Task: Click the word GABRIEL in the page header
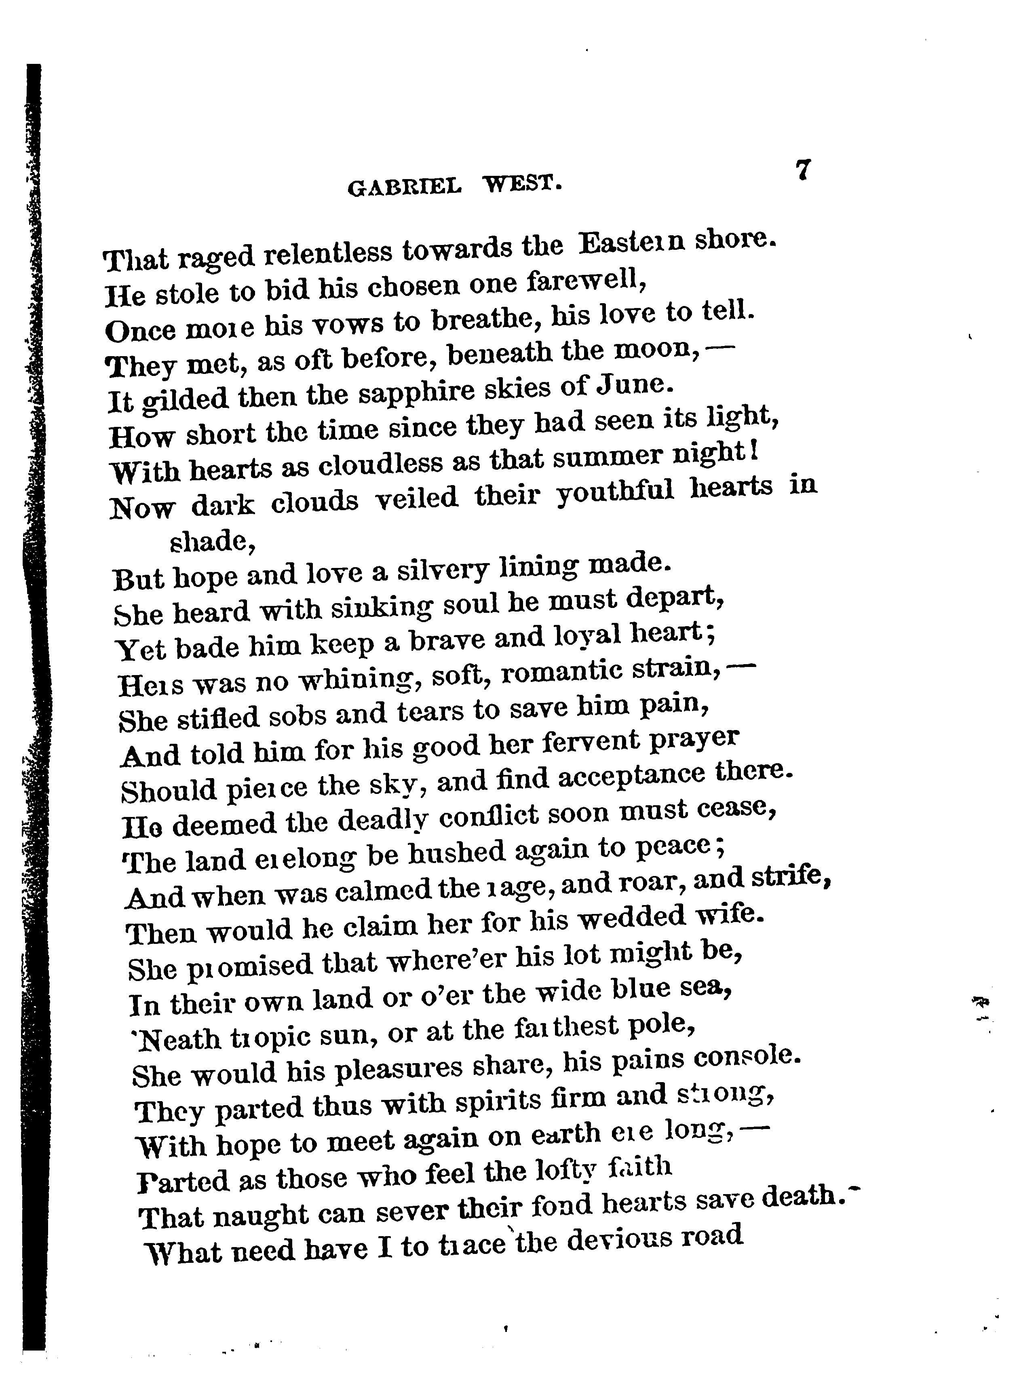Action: click(404, 186)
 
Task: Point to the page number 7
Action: click(802, 170)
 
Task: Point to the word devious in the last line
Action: click(619, 1240)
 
